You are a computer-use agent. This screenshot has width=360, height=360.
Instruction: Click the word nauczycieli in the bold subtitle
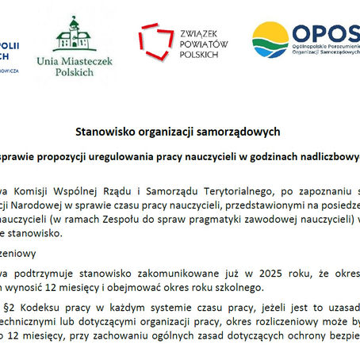(x=205, y=156)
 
